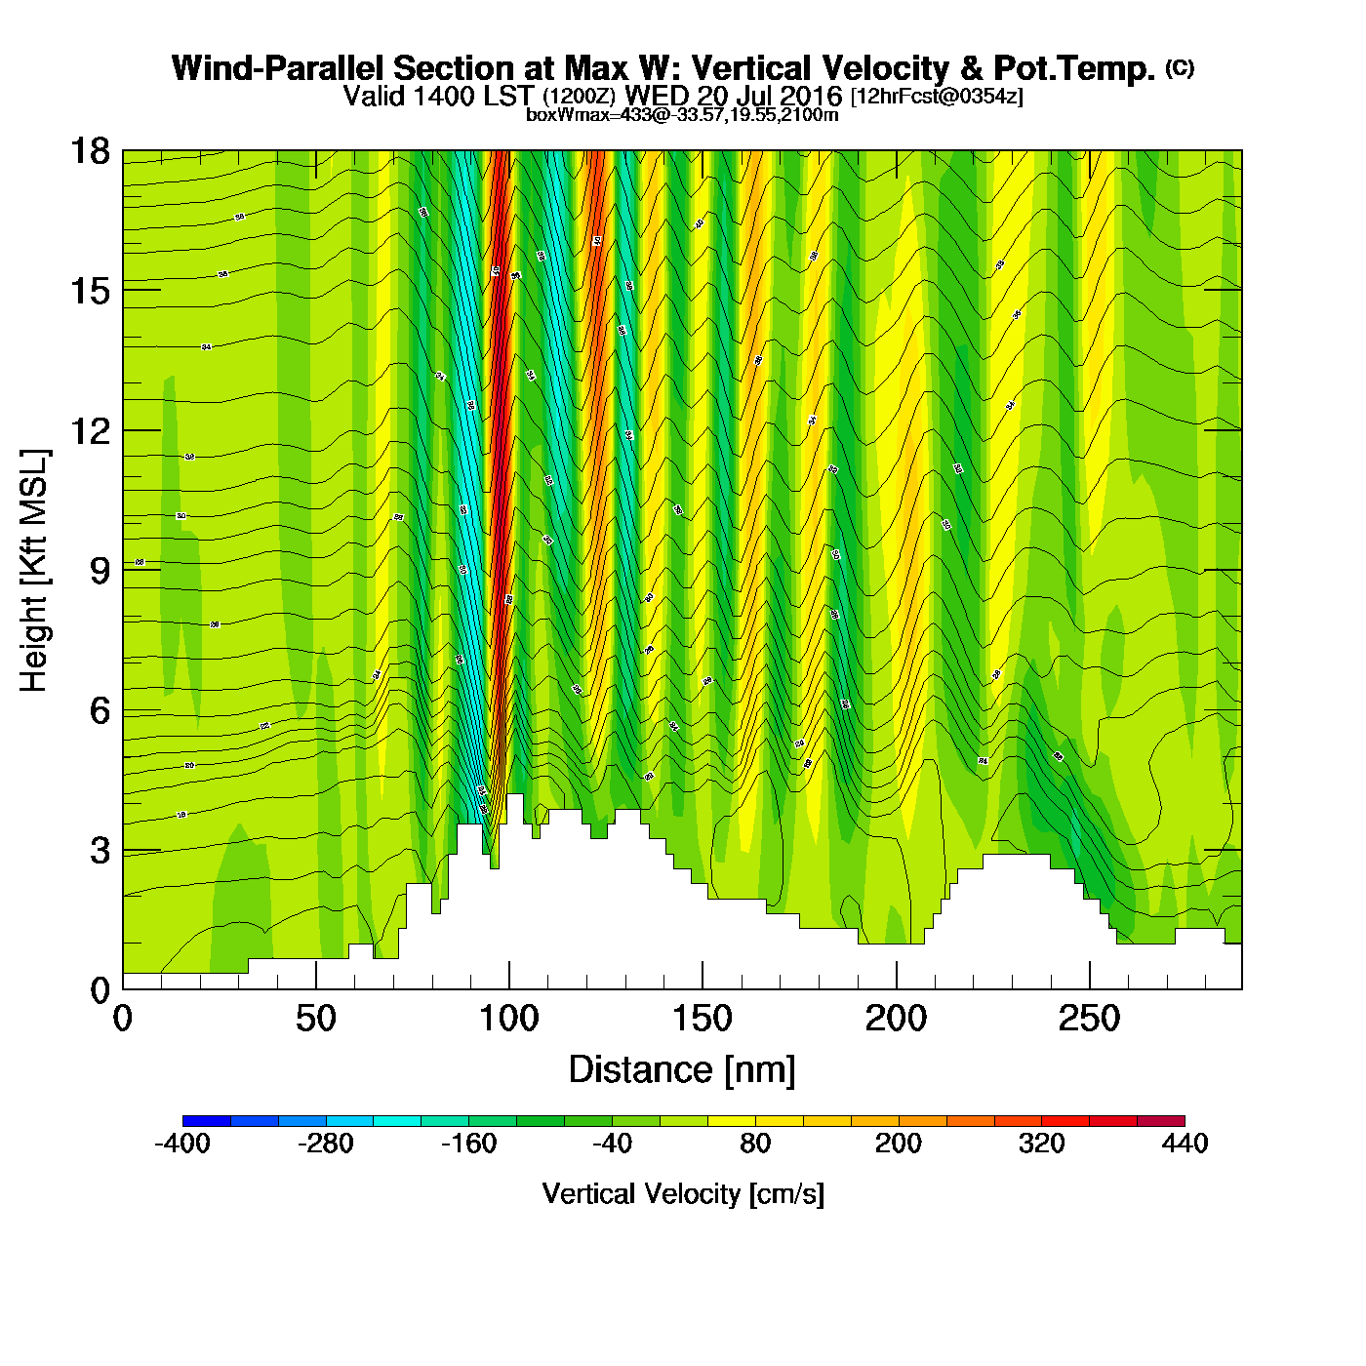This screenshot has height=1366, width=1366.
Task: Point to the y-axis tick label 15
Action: click(x=89, y=291)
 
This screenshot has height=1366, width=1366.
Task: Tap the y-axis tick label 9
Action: click(x=100, y=571)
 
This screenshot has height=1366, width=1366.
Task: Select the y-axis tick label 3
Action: click(x=100, y=851)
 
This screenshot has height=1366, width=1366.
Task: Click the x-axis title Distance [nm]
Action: click(x=682, y=1070)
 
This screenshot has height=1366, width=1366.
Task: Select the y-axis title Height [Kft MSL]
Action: click(x=34, y=571)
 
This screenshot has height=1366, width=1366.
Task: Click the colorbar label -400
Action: click(x=182, y=1144)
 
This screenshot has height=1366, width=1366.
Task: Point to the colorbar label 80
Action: click(x=755, y=1144)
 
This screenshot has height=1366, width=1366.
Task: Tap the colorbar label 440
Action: click(x=1185, y=1144)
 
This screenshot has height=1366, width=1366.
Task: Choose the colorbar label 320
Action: click(x=1041, y=1144)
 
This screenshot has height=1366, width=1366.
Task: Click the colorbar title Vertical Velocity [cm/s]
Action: click(x=683, y=1193)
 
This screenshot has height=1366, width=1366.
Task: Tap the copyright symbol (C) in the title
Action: click(x=1179, y=67)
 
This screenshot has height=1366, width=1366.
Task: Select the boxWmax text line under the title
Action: click(x=682, y=114)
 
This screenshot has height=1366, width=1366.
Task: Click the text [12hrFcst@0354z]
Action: click(x=937, y=97)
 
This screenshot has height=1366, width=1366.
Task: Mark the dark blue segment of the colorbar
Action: click(x=207, y=1121)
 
